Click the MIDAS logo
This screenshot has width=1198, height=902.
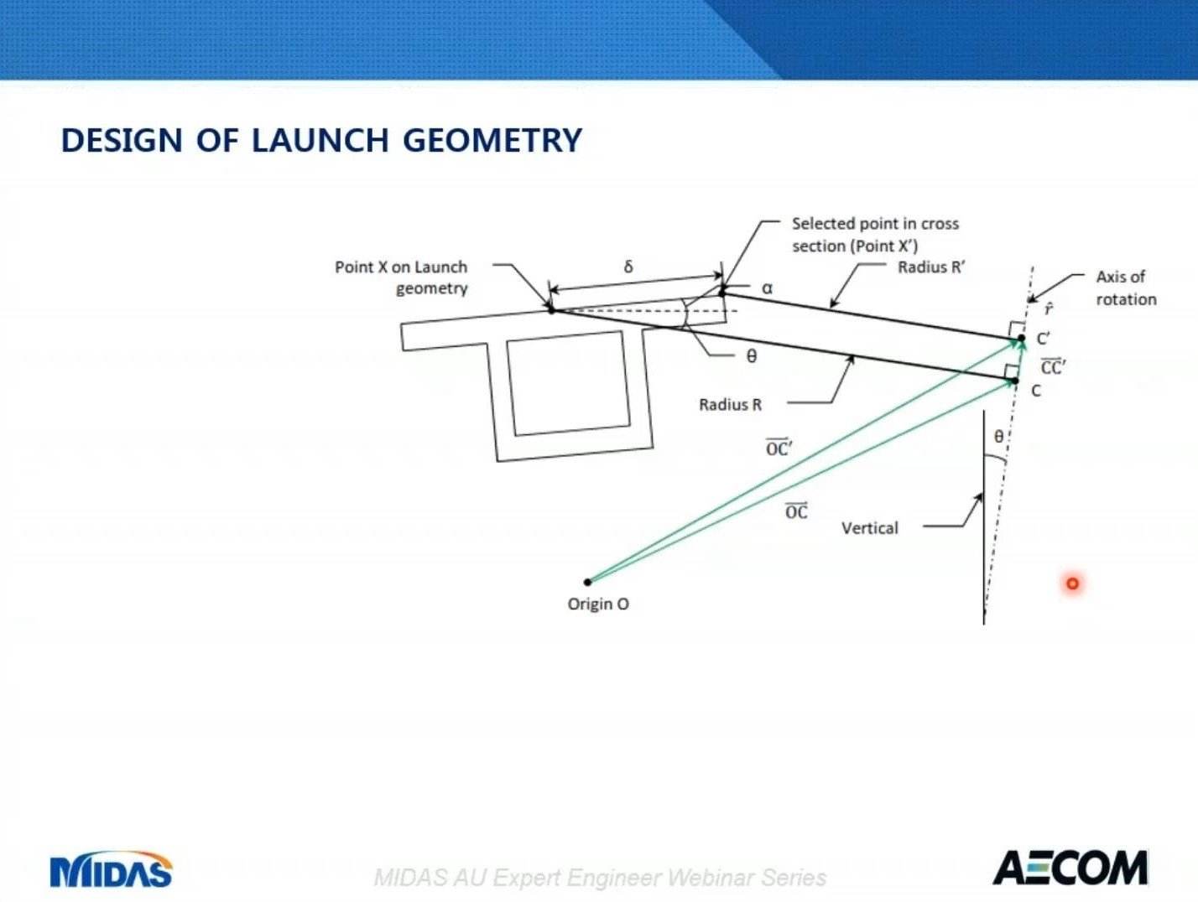[x=111, y=871]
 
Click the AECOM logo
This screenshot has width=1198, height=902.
[x=1070, y=868]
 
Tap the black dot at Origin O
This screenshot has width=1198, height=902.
[x=587, y=582]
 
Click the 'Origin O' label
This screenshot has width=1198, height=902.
[x=598, y=604]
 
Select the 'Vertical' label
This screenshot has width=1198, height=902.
[x=869, y=528]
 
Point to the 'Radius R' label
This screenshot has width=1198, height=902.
[x=730, y=405]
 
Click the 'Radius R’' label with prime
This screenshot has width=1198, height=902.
[x=931, y=267]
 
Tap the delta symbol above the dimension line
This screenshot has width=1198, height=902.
[x=628, y=267]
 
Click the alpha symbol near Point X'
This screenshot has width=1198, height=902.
[x=767, y=288]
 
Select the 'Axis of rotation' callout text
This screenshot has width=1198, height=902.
[x=1125, y=288]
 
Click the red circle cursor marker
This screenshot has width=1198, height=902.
[x=1072, y=583]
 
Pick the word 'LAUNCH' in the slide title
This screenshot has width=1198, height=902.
[x=320, y=140]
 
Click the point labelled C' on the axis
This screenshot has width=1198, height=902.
[x=1021, y=339]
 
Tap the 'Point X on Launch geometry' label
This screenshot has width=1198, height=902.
[x=401, y=277]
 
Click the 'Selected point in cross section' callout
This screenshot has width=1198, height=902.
[x=874, y=235]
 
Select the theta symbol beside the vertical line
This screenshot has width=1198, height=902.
[x=998, y=437]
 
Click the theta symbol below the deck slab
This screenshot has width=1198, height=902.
[x=752, y=357]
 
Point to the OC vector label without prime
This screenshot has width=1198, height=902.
[x=796, y=511]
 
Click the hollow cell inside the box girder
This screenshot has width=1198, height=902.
[x=568, y=383]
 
